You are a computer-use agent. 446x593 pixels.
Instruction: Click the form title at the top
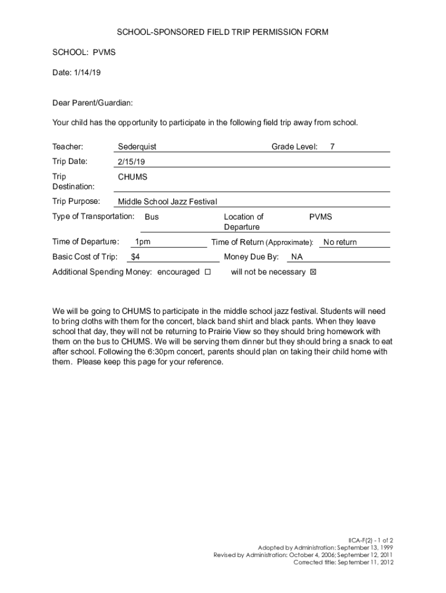tap(223, 32)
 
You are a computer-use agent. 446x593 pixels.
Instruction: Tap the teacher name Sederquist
tap(137, 147)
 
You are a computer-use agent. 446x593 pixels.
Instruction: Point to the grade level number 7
tap(332, 147)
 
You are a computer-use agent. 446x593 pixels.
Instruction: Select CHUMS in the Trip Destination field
tap(133, 177)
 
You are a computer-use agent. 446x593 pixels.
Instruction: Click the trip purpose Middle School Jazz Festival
tap(167, 202)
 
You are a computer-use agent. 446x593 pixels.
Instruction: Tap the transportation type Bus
tap(152, 217)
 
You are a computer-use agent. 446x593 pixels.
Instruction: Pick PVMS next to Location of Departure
tap(320, 217)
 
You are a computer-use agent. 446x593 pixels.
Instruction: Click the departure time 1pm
tap(143, 242)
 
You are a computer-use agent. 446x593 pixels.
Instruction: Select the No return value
tap(340, 242)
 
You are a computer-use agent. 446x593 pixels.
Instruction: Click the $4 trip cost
tap(136, 257)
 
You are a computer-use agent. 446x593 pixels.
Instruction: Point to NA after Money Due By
tap(297, 257)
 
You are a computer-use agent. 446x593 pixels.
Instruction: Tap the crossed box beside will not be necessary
tap(314, 272)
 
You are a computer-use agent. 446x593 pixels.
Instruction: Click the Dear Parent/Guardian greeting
tap(93, 103)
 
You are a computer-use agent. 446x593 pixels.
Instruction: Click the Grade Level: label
tap(294, 147)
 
